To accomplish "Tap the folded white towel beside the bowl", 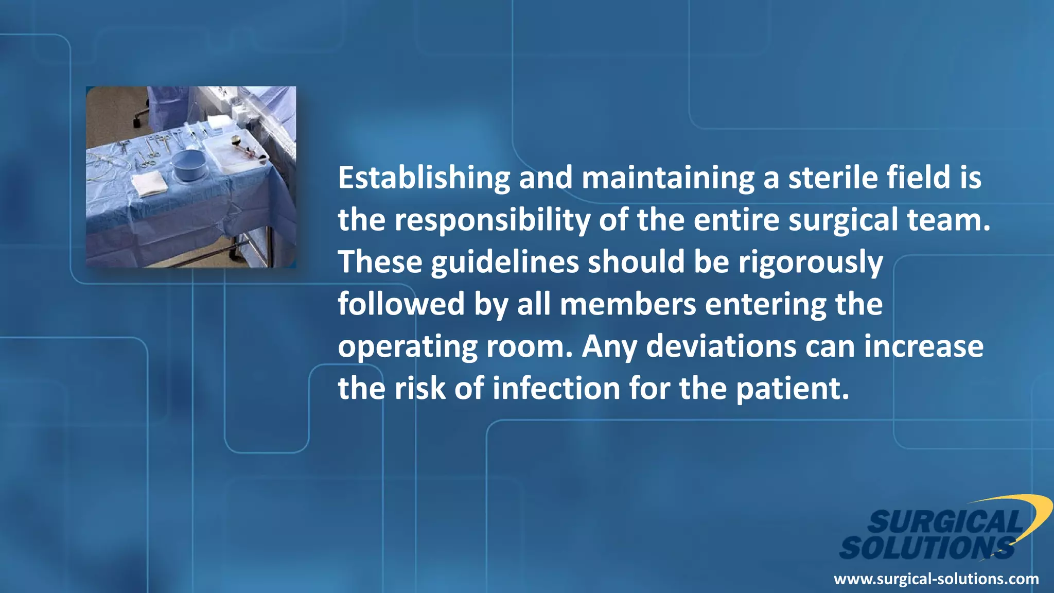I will click(x=149, y=184).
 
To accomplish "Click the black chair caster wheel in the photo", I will click(x=137, y=123).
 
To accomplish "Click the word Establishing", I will click(x=424, y=178).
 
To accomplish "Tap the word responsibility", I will click(x=493, y=220).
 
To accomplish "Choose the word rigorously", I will click(x=811, y=263).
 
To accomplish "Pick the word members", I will click(x=628, y=304).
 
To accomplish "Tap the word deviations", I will click(x=721, y=346).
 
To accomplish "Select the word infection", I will click(x=556, y=389).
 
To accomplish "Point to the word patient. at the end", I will click(x=792, y=389).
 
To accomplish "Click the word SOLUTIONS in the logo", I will click(x=926, y=548).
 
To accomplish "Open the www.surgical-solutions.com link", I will click(x=936, y=579).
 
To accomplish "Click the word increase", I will click(x=924, y=346).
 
